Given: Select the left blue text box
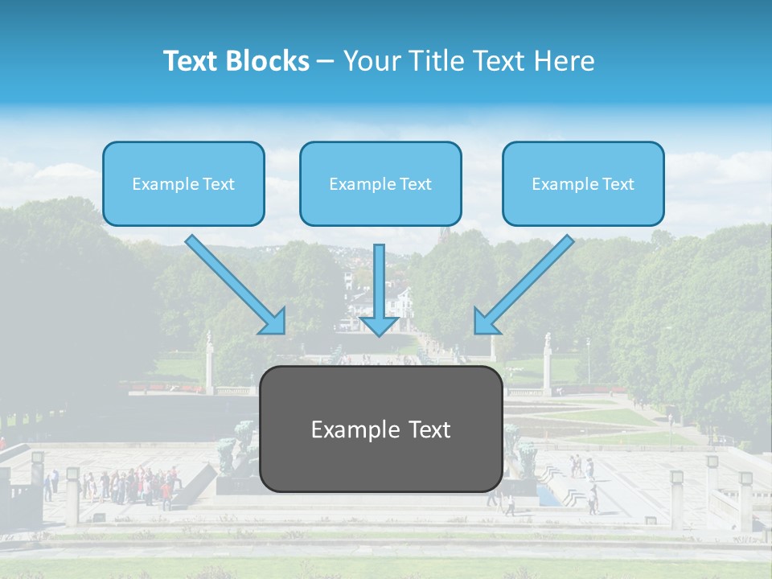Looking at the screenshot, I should [183, 184].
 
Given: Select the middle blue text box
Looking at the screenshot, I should [380, 184].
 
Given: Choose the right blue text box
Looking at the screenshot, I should [583, 184].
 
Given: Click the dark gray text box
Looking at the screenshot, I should [381, 429].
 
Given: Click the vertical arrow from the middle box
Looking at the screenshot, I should [379, 281].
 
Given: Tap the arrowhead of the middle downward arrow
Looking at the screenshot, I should [379, 325].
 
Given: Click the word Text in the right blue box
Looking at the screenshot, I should [618, 184].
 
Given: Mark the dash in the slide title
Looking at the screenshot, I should [326, 61].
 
